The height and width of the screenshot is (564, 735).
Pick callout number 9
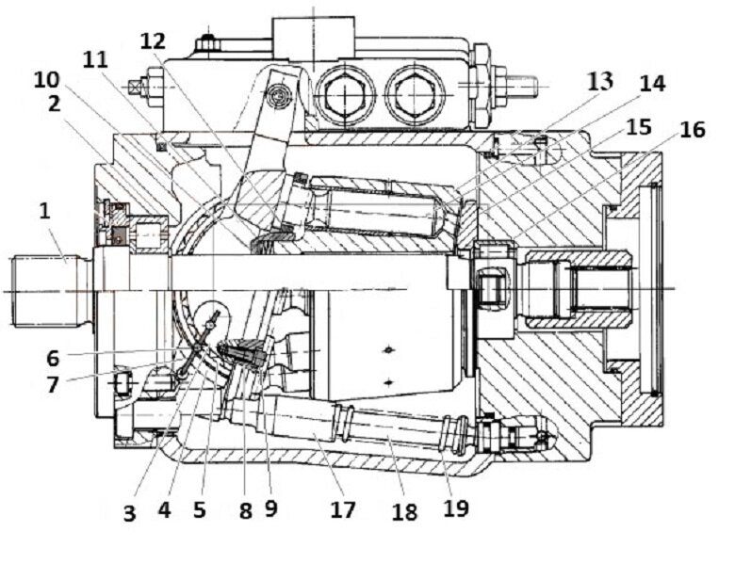(271, 509)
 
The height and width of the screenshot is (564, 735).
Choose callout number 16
(692, 129)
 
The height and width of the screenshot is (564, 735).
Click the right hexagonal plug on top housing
(415, 93)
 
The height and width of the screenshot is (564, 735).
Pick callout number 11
(96, 58)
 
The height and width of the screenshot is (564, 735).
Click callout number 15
(638, 126)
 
